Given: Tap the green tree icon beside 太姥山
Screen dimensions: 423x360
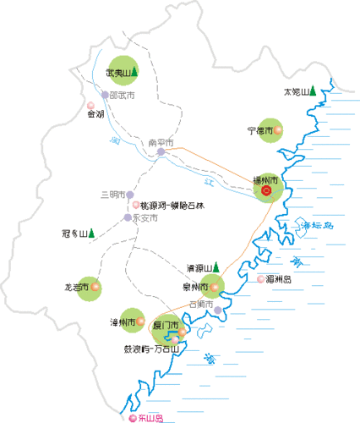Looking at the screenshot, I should pos(313,91).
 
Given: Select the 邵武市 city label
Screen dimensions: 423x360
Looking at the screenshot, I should pos(122,96).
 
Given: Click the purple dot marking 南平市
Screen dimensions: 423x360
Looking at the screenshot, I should pos(161,152).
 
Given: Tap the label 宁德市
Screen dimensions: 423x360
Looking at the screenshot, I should pos(259,131).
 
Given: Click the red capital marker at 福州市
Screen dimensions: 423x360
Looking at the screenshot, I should pos(267,191).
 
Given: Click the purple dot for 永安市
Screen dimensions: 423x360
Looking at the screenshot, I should pos(128,217).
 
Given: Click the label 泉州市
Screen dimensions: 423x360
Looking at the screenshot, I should pos(196,287).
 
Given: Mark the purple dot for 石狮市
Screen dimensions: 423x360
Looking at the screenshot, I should pos(218,310).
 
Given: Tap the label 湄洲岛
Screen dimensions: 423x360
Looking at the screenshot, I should pos(278,278).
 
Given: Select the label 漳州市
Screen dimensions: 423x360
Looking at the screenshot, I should pos(123,322).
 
